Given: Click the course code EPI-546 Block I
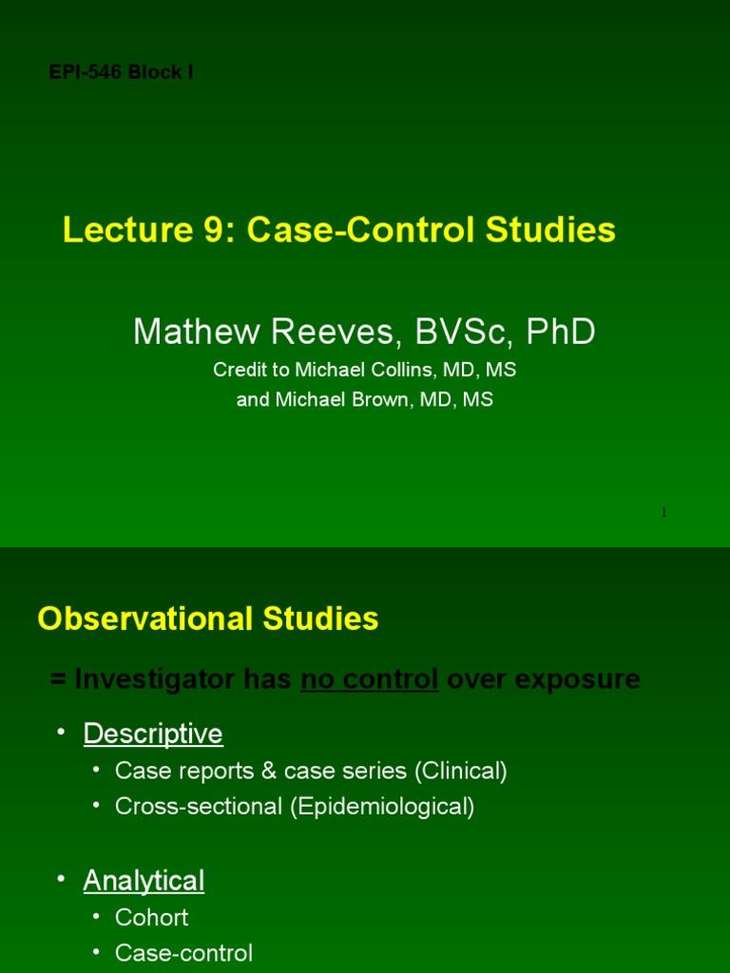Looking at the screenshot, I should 121,72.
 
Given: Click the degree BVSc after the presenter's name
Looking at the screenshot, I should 459,332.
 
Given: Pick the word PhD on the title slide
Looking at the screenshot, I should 562,332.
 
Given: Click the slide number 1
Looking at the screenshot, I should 663,513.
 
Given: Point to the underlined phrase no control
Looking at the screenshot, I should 370,679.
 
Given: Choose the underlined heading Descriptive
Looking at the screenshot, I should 153,734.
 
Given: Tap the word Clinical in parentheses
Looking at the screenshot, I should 460,771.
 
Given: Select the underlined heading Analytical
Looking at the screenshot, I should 144,881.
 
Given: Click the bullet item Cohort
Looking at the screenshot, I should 151,917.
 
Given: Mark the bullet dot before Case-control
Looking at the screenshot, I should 96,952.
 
